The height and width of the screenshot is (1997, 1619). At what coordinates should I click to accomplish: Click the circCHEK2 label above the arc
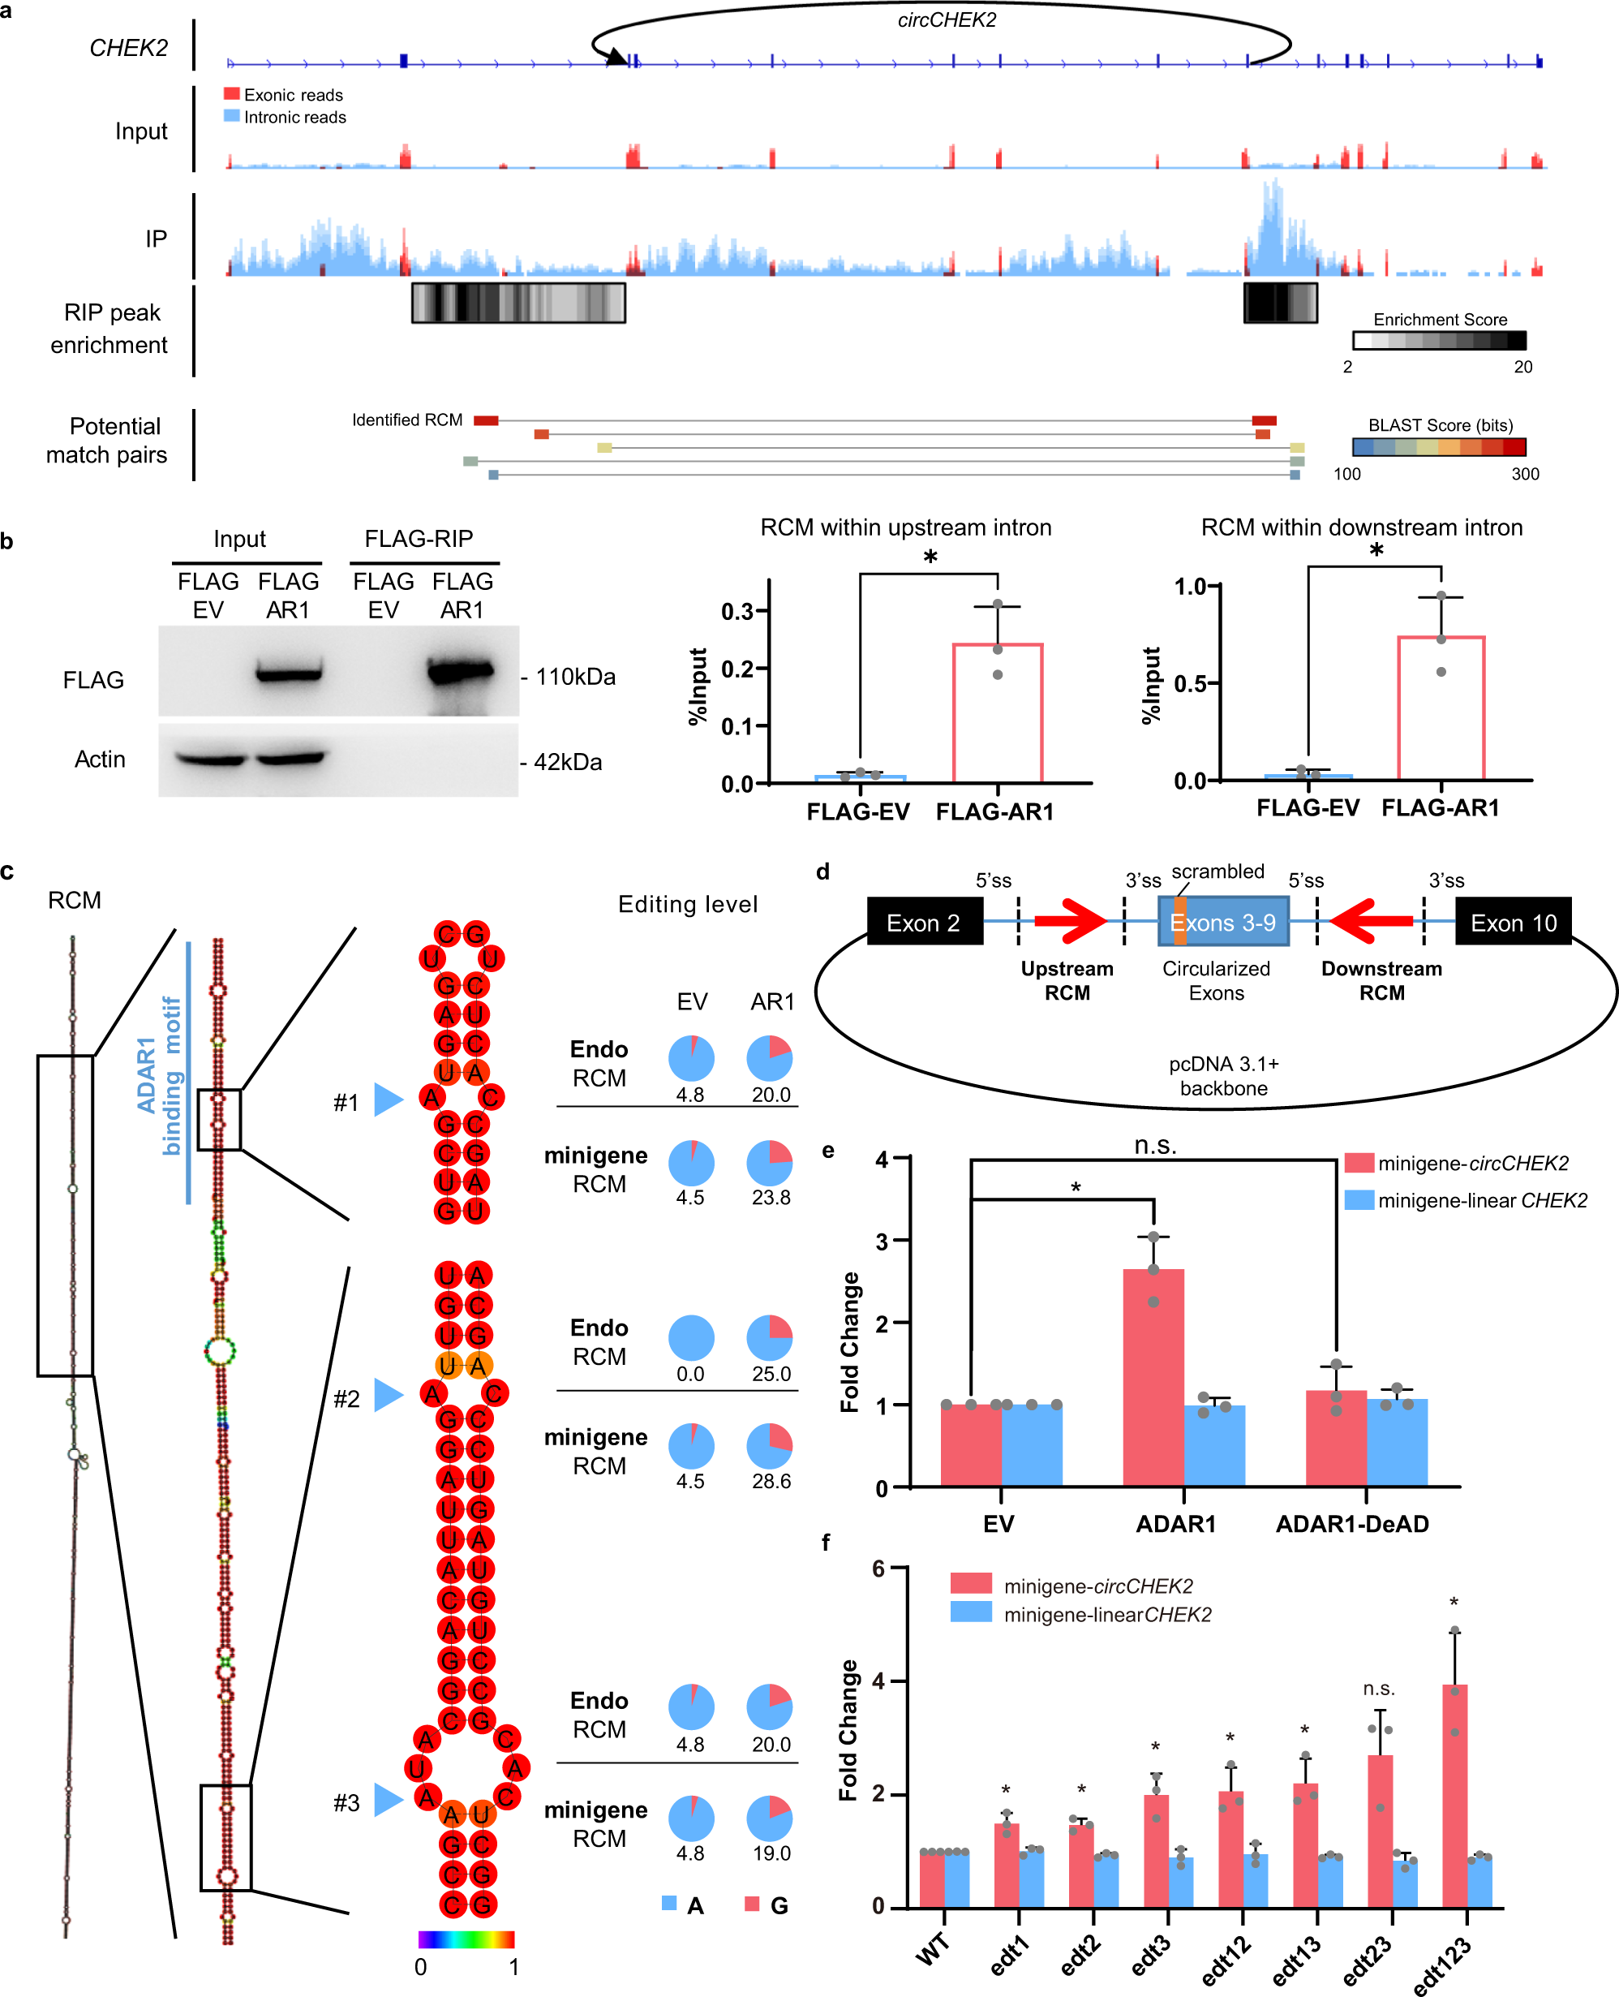point(946,20)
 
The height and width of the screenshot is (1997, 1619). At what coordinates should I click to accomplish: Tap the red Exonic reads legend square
point(232,94)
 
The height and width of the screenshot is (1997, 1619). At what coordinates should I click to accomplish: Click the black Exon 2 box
point(924,922)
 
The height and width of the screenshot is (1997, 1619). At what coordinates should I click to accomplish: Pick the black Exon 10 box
point(1513,922)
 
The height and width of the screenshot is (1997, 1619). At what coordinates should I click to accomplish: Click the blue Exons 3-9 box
point(1222,922)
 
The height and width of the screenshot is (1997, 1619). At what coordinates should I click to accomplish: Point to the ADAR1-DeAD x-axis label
point(1351,1523)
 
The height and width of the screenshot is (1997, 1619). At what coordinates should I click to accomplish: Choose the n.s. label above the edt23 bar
point(1378,1689)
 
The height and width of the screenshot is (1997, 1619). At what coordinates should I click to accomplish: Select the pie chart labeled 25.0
point(770,1337)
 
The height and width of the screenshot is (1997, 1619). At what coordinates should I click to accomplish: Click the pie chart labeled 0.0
point(691,1337)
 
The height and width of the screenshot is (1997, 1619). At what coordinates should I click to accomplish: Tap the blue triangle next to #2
point(387,1394)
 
